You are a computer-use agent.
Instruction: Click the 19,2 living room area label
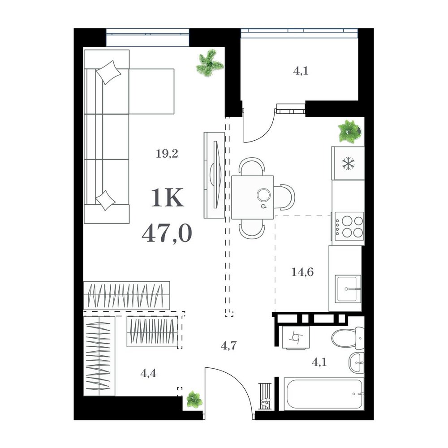coord(167,154)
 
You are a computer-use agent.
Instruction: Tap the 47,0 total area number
coord(167,233)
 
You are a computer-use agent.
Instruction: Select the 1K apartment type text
coord(167,198)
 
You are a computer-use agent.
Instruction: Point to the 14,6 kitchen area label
coord(302,272)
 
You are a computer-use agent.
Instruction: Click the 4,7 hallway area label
coord(229,346)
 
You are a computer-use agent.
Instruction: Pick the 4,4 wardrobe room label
coord(148,373)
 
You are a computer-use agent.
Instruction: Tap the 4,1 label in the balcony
coord(301,71)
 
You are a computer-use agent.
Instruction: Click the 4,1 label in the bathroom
coord(319,362)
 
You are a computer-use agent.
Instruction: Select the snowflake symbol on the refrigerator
coord(348,164)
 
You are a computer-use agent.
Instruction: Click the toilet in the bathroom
coord(348,338)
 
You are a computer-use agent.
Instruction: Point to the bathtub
coord(324,394)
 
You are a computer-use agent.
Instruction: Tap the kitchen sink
coord(348,289)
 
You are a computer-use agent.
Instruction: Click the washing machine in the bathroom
coord(296,337)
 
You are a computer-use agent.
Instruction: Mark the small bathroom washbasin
coord(357,362)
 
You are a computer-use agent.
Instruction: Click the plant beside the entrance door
coord(194,399)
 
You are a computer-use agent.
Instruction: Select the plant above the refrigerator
coord(349,131)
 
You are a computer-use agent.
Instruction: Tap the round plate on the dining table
coord(263,195)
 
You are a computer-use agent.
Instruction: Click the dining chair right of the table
coord(284,198)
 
